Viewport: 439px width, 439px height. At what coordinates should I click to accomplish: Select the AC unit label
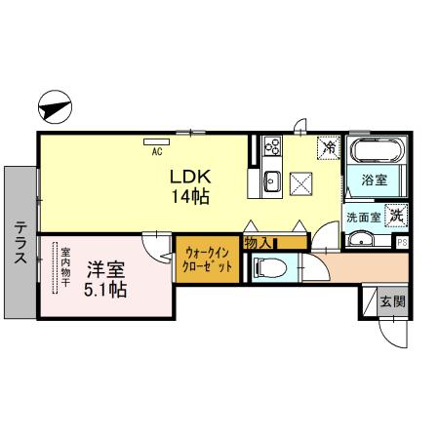[156, 152]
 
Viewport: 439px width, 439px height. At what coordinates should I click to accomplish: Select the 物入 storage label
[258, 241]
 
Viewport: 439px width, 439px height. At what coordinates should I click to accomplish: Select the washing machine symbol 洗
[396, 216]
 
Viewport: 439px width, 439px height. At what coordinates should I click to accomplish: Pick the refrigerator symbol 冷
[330, 147]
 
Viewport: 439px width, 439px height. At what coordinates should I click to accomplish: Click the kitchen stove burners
[270, 150]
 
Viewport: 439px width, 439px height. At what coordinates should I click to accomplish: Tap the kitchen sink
[270, 181]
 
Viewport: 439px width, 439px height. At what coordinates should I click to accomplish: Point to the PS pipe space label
[402, 241]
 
